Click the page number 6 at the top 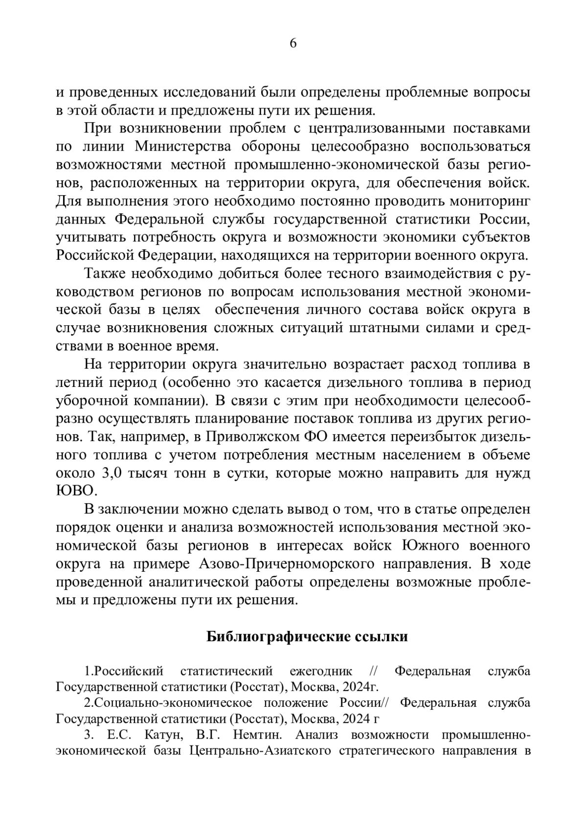coord(293,44)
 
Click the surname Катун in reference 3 coord(159,736)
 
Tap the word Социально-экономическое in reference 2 coord(172,703)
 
